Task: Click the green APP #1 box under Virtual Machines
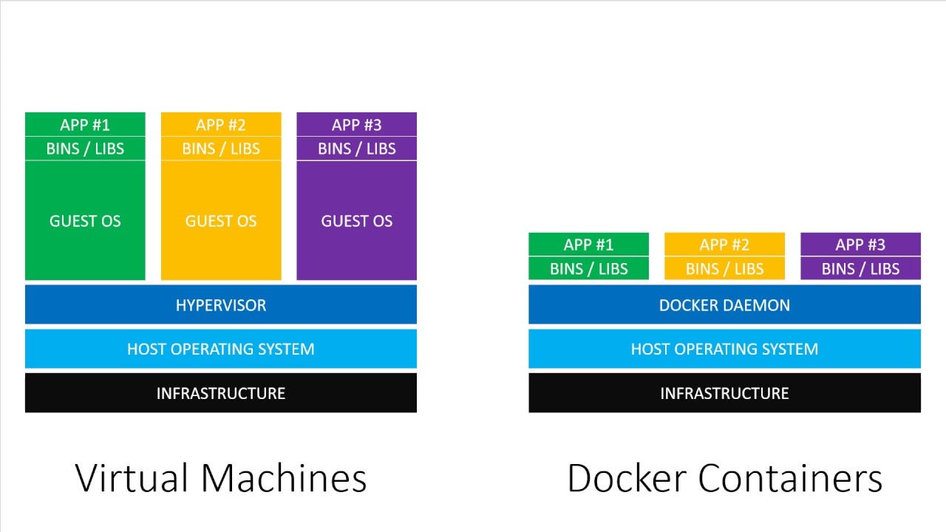click(x=85, y=124)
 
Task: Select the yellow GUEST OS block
click(x=221, y=220)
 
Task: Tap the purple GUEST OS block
click(x=356, y=220)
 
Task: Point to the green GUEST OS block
click(x=85, y=220)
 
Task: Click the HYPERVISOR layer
click(x=221, y=304)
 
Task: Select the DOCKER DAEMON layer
click(x=724, y=304)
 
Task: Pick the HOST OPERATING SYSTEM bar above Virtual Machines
click(x=221, y=349)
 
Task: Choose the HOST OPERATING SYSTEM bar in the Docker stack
click(x=724, y=349)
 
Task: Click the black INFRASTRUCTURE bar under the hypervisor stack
click(x=221, y=393)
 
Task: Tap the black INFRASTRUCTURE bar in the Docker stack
click(x=724, y=393)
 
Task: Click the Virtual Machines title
click(x=221, y=478)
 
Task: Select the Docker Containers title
click(x=724, y=478)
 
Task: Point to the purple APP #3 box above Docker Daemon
click(x=860, y=245)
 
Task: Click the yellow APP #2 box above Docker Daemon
click(x=724, y=245)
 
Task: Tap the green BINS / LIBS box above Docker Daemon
click(x=588, y=269)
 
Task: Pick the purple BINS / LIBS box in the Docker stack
click(x=860, y=269)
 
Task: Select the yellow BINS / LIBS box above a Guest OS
click(x=221, y=149)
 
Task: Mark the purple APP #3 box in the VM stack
click(x=356, y=124)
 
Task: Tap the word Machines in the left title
click(x=284, y=478)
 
